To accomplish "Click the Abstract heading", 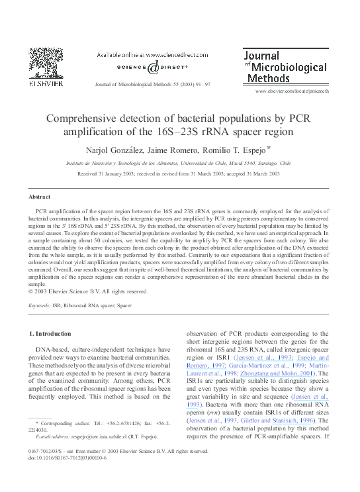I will (x=40, y=197).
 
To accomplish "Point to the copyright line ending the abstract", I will (x=87, y=291).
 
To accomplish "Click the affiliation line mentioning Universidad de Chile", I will (x=178, y=162).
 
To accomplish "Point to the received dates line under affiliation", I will (x=178, y=173).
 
